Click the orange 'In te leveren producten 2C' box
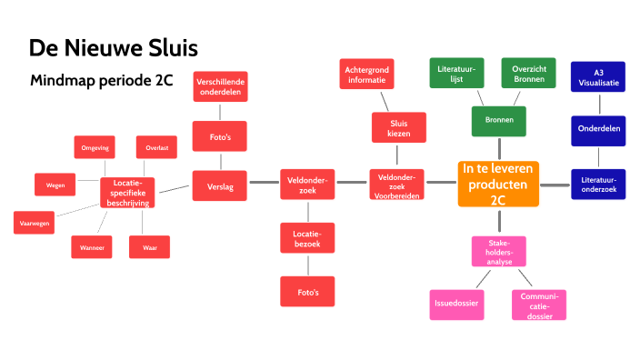498,185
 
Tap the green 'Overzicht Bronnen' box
528,74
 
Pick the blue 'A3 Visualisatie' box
598,77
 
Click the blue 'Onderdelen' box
598,130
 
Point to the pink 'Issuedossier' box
456,304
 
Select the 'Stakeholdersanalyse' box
499,251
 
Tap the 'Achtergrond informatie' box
366,75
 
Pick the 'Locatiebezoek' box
307,239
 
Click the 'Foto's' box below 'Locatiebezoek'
307,291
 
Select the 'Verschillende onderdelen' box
219,87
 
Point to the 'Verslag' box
220,186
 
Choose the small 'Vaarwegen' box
35,221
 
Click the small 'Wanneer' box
91,246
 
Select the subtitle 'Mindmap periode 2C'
101,80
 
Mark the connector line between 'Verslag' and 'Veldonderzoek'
263,184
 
